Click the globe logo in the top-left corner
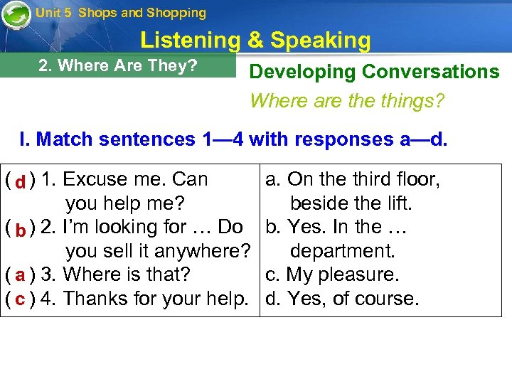pyautogui.click(x=16, y=14)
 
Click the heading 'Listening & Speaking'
pyautogui.click(x=255, y=41)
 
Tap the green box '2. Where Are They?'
pyautogui.click(x=118, y=65)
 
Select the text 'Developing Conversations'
pyautogui.click(x=374, y=72)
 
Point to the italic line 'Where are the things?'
pyautogui.click(x=347, y=101)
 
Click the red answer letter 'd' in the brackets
pyautogui.click(x=21, y=181)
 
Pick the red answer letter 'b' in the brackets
pyautogui.click(x=21, y=229)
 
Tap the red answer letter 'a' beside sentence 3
pyautogui.click(x=20, y=275)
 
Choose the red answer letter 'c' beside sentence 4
pyautogui.click(x=20, y=299)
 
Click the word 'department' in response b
pyautogui.click(x=341, y=251)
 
